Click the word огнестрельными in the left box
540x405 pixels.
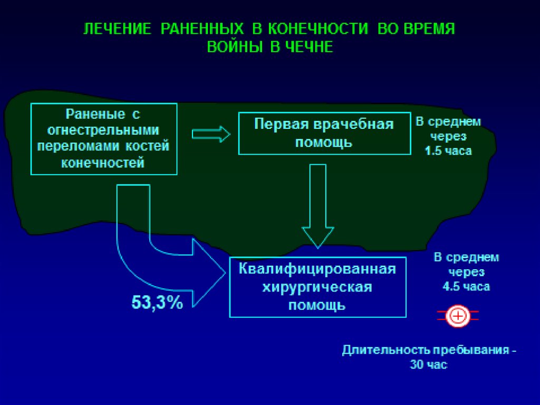pos(103,130)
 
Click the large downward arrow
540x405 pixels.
pos(317,211)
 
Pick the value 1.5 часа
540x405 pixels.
pos(448,150)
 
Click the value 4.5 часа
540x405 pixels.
pos(466,287)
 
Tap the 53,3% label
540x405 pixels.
pos(157,303)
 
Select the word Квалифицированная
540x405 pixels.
pos(317,269)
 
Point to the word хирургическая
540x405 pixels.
pos(317,287)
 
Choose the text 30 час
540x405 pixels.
pos(428,365)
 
